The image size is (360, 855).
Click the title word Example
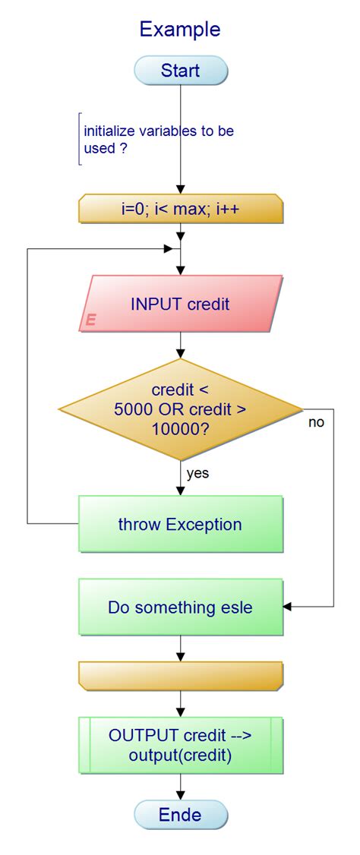[x=180, y=30]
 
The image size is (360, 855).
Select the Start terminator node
[x=180, y=71]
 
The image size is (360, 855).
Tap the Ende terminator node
[x=180, y=815]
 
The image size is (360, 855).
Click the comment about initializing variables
[x=159, y=139]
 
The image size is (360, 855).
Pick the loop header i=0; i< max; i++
[x=180, y=209]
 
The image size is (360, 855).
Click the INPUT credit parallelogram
[x=180, y=304]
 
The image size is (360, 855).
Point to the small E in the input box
[x=90, y=320]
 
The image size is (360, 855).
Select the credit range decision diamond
[x=180, y=409]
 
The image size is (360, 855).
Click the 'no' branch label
[x=316, y=422]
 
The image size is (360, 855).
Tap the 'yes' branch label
[x=197, y=474]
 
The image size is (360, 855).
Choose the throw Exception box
[x=180, y=524]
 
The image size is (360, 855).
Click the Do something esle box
[x=180, y=607]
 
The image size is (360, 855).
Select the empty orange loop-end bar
[x=180, y=676]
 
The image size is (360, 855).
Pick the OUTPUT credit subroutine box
[x=180, y=745]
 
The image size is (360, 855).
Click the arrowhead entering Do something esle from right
[x=287, y=607]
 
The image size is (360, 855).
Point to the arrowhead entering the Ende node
[x=181, y=796]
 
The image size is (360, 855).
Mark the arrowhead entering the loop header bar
[x=181, y=190]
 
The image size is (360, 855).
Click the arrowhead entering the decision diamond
[x=181, y=354]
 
